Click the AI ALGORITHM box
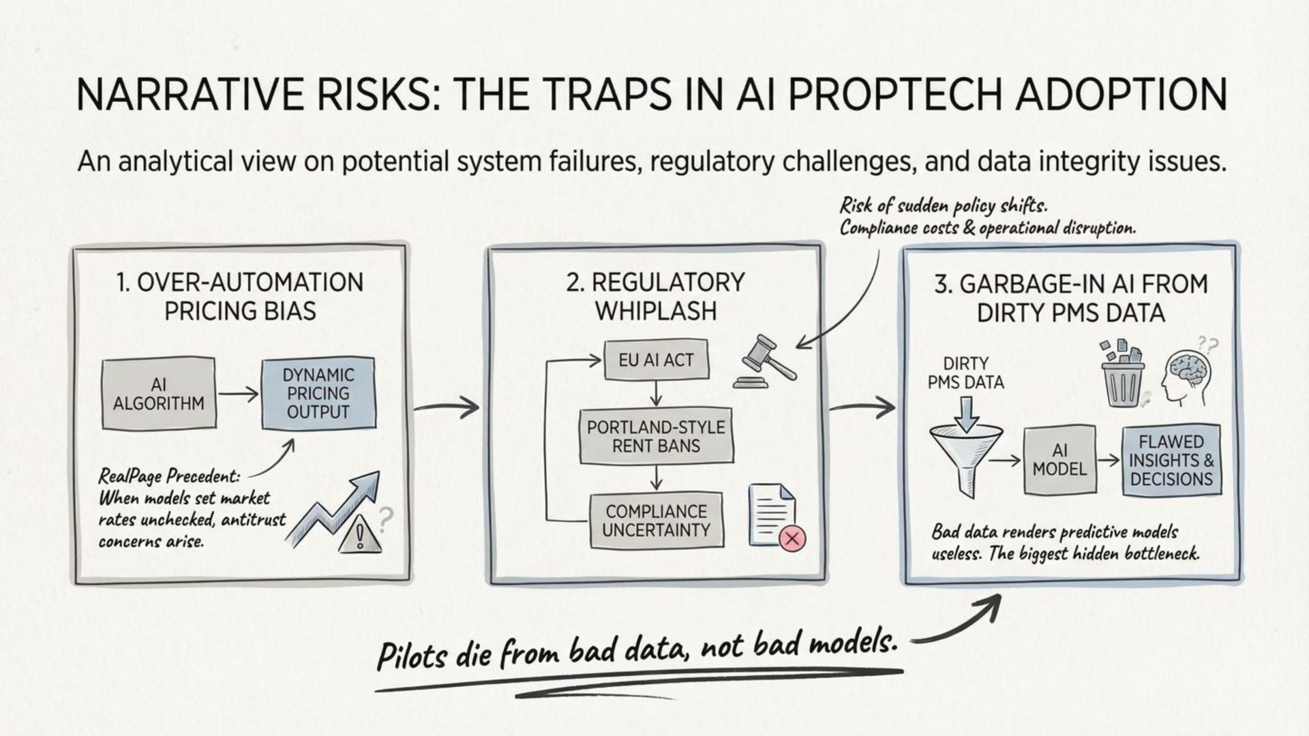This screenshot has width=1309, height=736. [x=159, y=394]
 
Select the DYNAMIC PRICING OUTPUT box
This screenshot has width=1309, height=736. [x=318, y=393]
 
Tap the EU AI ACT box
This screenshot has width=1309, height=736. [x=656, y=360]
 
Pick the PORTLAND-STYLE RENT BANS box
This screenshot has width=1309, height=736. [x=656, y=436]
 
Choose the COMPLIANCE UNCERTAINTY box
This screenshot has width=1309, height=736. [x=656, y=520]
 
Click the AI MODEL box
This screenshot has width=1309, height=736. [x=1059, y=460]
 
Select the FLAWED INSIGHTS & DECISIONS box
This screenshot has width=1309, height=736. [x=1171, y=460]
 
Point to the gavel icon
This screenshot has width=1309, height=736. [x=764, y=361]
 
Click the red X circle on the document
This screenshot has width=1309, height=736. [x=792, y=539]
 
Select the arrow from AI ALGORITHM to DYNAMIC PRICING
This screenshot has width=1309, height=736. [x=238, y=394]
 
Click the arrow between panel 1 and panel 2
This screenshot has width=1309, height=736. [x=447, y=408]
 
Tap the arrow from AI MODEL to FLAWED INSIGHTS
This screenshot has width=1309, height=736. [x=1109, y=460]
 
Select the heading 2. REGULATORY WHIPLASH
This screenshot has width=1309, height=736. [x=656, y=296]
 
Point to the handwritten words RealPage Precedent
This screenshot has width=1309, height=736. [x=169, y=476]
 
